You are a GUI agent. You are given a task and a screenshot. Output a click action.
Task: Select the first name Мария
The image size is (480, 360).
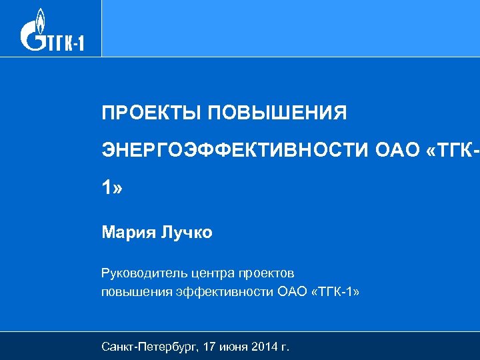(127, 233)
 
